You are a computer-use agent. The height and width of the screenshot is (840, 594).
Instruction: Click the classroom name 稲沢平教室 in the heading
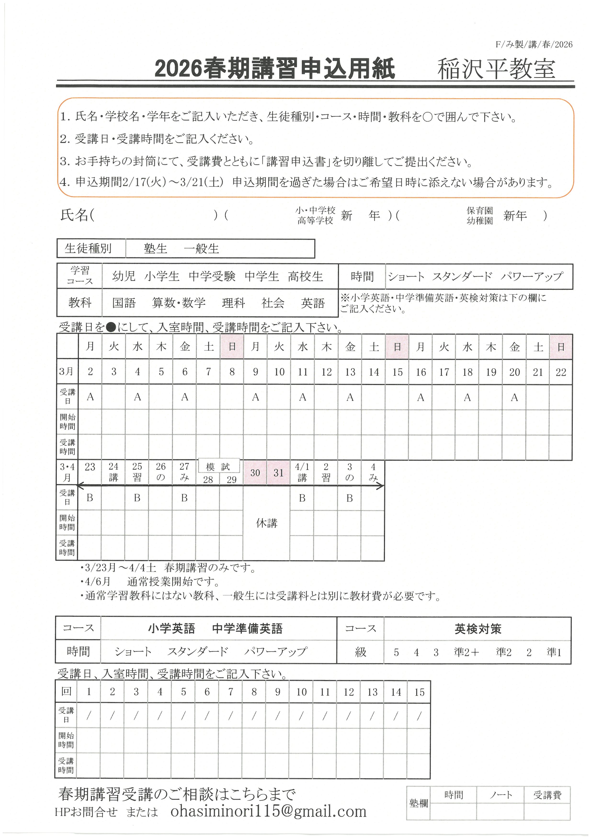coord(496,69)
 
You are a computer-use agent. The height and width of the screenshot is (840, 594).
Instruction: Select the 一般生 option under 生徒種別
coord(201,249)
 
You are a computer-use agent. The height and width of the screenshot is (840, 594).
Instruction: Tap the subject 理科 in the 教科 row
coord(233,303)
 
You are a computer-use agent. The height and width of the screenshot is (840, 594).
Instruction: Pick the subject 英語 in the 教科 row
coord(313,303)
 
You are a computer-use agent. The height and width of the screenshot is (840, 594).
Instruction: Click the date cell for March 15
coord(397,372)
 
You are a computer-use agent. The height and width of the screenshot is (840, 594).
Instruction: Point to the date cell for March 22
coord(561,372)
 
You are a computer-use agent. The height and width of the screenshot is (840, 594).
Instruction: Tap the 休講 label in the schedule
coord(267,523)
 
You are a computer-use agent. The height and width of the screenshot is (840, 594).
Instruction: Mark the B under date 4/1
coord(302,498)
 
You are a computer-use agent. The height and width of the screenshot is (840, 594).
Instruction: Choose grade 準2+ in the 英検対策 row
coord(466,652)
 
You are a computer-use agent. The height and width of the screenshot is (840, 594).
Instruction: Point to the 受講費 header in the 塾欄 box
coord(547,795)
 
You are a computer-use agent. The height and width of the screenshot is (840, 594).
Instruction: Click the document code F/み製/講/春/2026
coord(534,45)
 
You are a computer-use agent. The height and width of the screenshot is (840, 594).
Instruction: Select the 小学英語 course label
coord(171,629)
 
